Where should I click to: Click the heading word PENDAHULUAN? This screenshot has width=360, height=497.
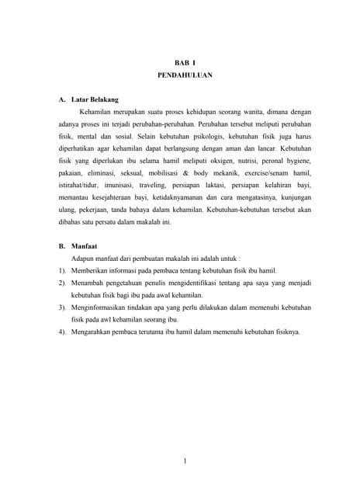point(180,78)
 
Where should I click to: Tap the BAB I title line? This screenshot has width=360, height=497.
point(180,63)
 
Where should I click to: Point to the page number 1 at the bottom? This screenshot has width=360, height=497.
point(185,463)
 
